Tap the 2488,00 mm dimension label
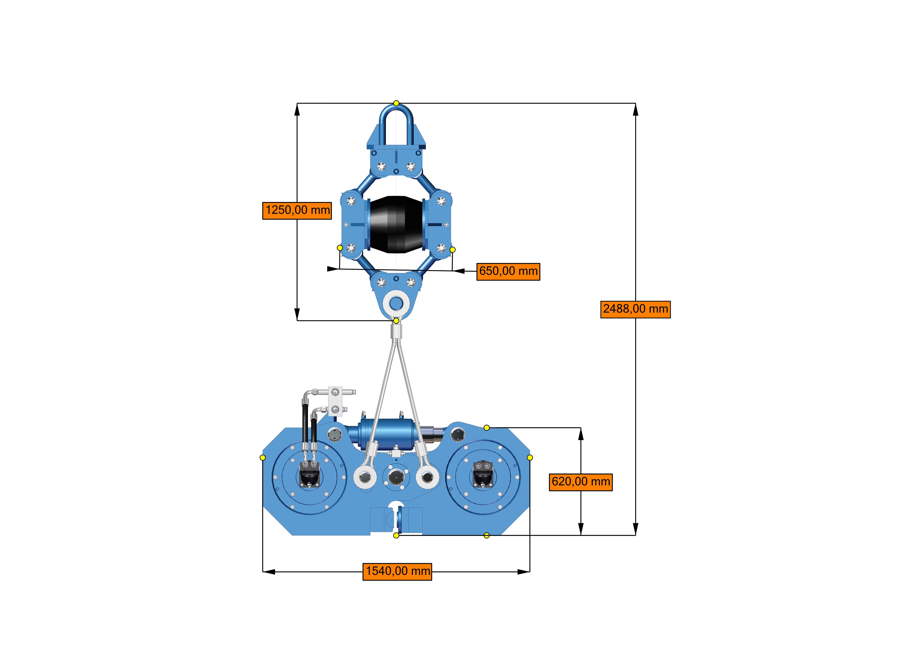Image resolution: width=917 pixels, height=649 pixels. [635, 309]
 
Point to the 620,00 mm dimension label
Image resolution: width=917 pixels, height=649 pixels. [581, 482]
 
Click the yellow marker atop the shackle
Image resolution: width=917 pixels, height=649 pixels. [396, 103]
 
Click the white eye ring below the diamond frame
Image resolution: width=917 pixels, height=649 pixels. [396, 304]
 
